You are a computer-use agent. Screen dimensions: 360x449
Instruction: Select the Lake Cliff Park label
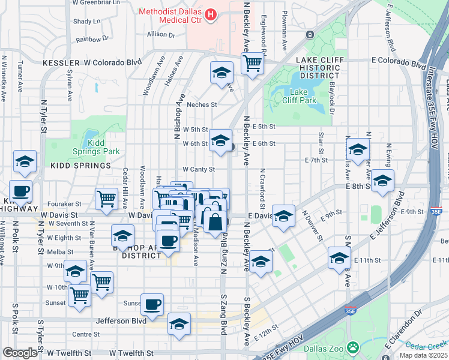pos(303,95)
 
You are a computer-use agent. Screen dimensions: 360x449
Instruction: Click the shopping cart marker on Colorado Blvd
pos(253,62)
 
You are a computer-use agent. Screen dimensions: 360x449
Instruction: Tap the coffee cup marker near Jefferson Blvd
pos(152,304)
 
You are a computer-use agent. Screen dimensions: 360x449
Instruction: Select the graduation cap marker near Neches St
pos(221,73)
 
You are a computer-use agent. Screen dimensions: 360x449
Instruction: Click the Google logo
pos(20,353)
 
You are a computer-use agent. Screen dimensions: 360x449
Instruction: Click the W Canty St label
pos(198,170)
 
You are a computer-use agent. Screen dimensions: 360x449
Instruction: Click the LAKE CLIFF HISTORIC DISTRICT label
pos(320,68)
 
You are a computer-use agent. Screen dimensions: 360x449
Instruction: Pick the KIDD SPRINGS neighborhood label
pos(80,165)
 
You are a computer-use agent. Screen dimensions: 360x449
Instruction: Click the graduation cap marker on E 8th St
pos(382,180)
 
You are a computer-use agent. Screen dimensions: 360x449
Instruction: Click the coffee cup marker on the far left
pos(20,191)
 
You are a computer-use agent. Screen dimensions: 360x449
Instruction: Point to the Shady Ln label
pos(86,22)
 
